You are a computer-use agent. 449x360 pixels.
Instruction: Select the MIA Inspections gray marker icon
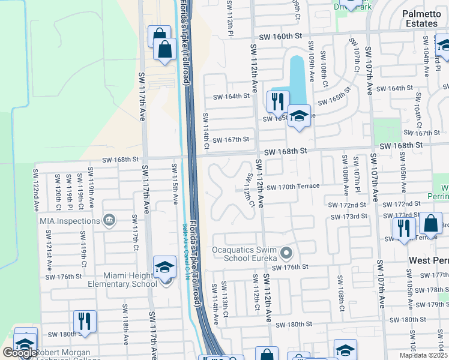click(109, 220)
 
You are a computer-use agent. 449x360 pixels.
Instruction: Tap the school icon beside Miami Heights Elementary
click(164, 267)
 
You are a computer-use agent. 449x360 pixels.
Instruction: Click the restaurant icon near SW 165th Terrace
click(277, 101)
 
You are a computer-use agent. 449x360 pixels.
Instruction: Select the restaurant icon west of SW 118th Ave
click(85, 321)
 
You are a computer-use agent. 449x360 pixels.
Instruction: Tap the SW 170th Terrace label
click(293, 187)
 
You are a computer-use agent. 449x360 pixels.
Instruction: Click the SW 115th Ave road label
click(175, 182)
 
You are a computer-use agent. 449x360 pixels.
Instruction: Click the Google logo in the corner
click(20, 353)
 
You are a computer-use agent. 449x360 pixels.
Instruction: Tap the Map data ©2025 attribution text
click(423, 355)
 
